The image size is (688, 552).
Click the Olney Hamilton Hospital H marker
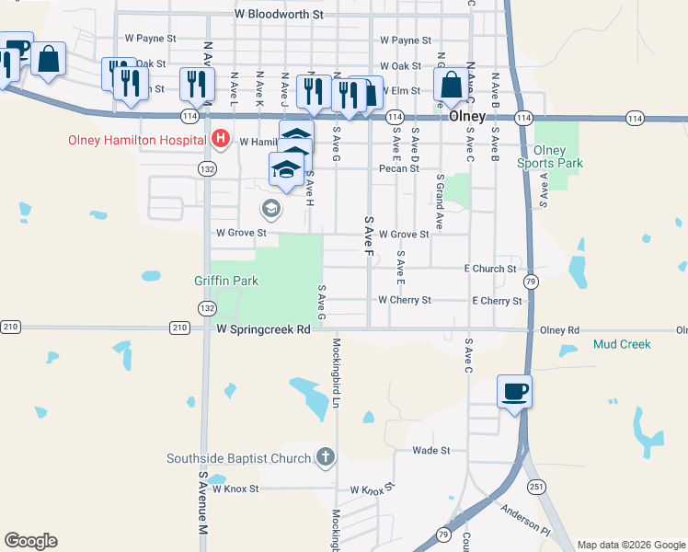tap(221, 140)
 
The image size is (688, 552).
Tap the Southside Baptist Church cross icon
tap(325, 456)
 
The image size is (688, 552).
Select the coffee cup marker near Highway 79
tap(514, 391)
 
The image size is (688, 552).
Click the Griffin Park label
tap(226, 280)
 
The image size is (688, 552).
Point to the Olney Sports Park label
tap(557, 156)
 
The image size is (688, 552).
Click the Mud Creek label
tap(622, 344)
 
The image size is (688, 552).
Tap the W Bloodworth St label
tap(280, 15)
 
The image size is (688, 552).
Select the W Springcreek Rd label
tap(264, 328)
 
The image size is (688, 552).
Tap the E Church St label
tap(490, 269)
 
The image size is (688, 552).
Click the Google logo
tap(30, 541)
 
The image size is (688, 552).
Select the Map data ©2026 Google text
tap(631, 545)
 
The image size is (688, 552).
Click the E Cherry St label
tap(497, 301)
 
